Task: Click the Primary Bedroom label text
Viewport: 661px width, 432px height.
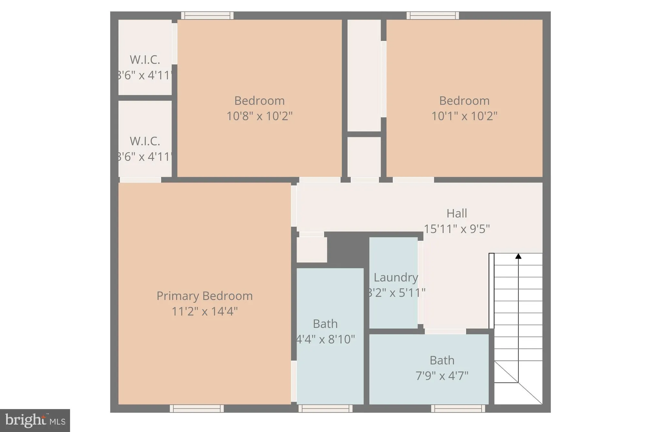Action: pos(204,296)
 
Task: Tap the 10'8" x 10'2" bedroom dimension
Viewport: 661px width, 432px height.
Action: pos(259,116)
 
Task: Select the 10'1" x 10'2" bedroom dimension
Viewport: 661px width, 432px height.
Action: pos(464,116)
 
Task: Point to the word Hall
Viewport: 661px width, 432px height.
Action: pos(457,213)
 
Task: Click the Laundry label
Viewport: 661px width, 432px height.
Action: pos(396,277)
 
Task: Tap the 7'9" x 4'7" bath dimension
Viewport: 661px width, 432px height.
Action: pos(442,376)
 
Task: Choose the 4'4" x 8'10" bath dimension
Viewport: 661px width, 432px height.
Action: pos(325,339)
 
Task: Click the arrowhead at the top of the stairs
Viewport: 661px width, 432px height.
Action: pos(518,256)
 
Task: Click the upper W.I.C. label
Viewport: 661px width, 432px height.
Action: pos(145,60)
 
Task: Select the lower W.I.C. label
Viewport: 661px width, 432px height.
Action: pos(145,141)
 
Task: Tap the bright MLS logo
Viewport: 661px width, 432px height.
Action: pos(35,420)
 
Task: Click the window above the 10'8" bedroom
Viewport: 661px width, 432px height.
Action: pos(207,15)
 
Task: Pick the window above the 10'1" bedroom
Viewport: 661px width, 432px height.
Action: pos(432,15)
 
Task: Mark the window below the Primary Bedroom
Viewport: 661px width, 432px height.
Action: pos(197,408)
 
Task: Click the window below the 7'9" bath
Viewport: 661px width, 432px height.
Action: pos(458,408)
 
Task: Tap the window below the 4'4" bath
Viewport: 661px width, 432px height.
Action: pos(325,408)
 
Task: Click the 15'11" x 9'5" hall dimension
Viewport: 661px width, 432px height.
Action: pos(457,229)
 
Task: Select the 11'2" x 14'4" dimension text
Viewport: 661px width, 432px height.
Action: pos(204,312)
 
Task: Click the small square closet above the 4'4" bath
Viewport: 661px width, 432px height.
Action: pos(312,250)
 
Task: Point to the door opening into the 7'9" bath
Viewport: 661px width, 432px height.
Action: pos(445,331)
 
